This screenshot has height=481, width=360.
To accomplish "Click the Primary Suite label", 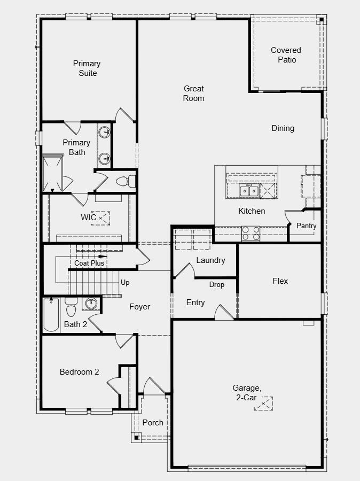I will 87,68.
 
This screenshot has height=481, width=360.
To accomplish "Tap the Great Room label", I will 194,94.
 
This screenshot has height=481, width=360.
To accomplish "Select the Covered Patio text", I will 286,55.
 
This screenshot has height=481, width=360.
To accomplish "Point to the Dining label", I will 283,128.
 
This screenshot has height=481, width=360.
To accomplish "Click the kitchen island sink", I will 249,190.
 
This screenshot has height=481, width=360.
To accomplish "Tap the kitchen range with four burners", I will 251,233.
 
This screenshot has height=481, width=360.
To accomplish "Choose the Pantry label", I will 307,226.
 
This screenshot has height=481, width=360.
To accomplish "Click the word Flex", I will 280,281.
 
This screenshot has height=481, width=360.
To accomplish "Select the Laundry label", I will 210,260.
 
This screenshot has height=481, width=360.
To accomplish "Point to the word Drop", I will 216,285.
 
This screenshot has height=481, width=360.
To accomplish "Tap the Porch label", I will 153,422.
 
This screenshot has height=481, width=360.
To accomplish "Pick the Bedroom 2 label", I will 79,372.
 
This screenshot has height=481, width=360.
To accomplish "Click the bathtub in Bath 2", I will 51,315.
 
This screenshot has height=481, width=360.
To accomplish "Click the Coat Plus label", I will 89,263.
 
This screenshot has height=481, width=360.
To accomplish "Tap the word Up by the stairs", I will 125,282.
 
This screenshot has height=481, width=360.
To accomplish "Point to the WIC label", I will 89,217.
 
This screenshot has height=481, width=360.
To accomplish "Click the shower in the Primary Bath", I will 52,173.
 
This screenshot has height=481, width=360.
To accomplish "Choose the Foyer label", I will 139,307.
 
